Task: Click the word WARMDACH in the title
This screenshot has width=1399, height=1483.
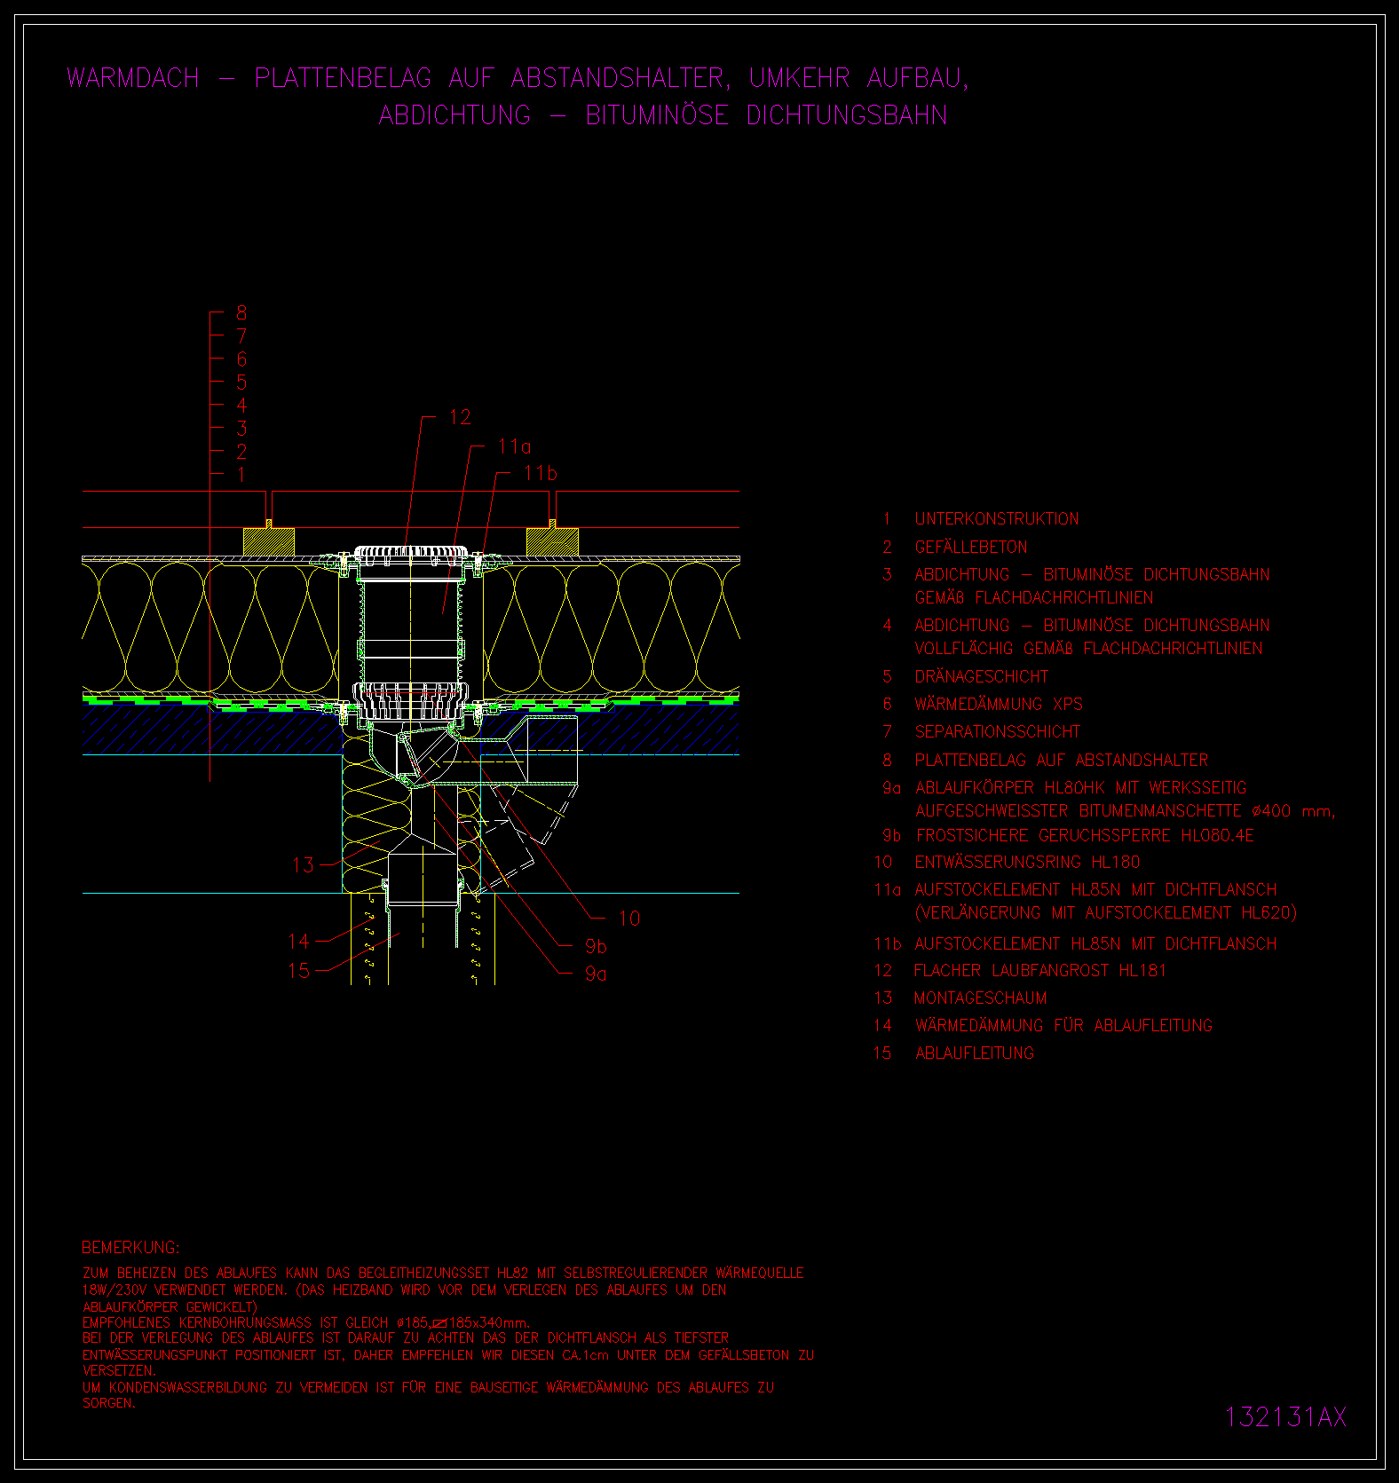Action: coord(133,78)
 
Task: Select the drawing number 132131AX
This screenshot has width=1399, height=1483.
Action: coord(1285,1416)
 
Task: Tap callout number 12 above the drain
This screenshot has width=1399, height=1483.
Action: coord(460,417)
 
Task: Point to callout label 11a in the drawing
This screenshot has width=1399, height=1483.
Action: coord(515,446)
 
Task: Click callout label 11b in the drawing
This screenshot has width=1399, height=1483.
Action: coord(541,473)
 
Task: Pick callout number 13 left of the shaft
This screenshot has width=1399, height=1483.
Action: coord(304,865)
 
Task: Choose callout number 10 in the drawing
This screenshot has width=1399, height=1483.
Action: coord(629,919)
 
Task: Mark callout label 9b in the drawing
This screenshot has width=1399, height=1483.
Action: coord(597,947)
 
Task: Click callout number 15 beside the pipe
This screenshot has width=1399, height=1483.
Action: coord(299,971)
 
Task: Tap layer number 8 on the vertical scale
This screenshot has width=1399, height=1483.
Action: coord(241,312)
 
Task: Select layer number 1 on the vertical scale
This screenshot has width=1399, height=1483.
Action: coord(241,475)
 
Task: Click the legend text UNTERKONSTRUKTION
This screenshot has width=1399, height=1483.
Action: coord(997,519)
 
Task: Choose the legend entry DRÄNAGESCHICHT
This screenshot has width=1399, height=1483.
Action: coord(982,676)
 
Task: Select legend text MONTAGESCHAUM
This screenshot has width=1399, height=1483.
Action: coord(981,998)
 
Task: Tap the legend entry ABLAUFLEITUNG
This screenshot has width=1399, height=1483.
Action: coord(975,1053)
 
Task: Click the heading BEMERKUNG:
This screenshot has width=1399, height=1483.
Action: coord(130,1247)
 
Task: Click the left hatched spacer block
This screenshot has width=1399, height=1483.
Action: coord(269,542)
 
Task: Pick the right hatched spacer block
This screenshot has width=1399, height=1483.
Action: coord(552,542)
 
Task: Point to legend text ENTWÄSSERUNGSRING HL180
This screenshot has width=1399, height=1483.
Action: coord(1028,862)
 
